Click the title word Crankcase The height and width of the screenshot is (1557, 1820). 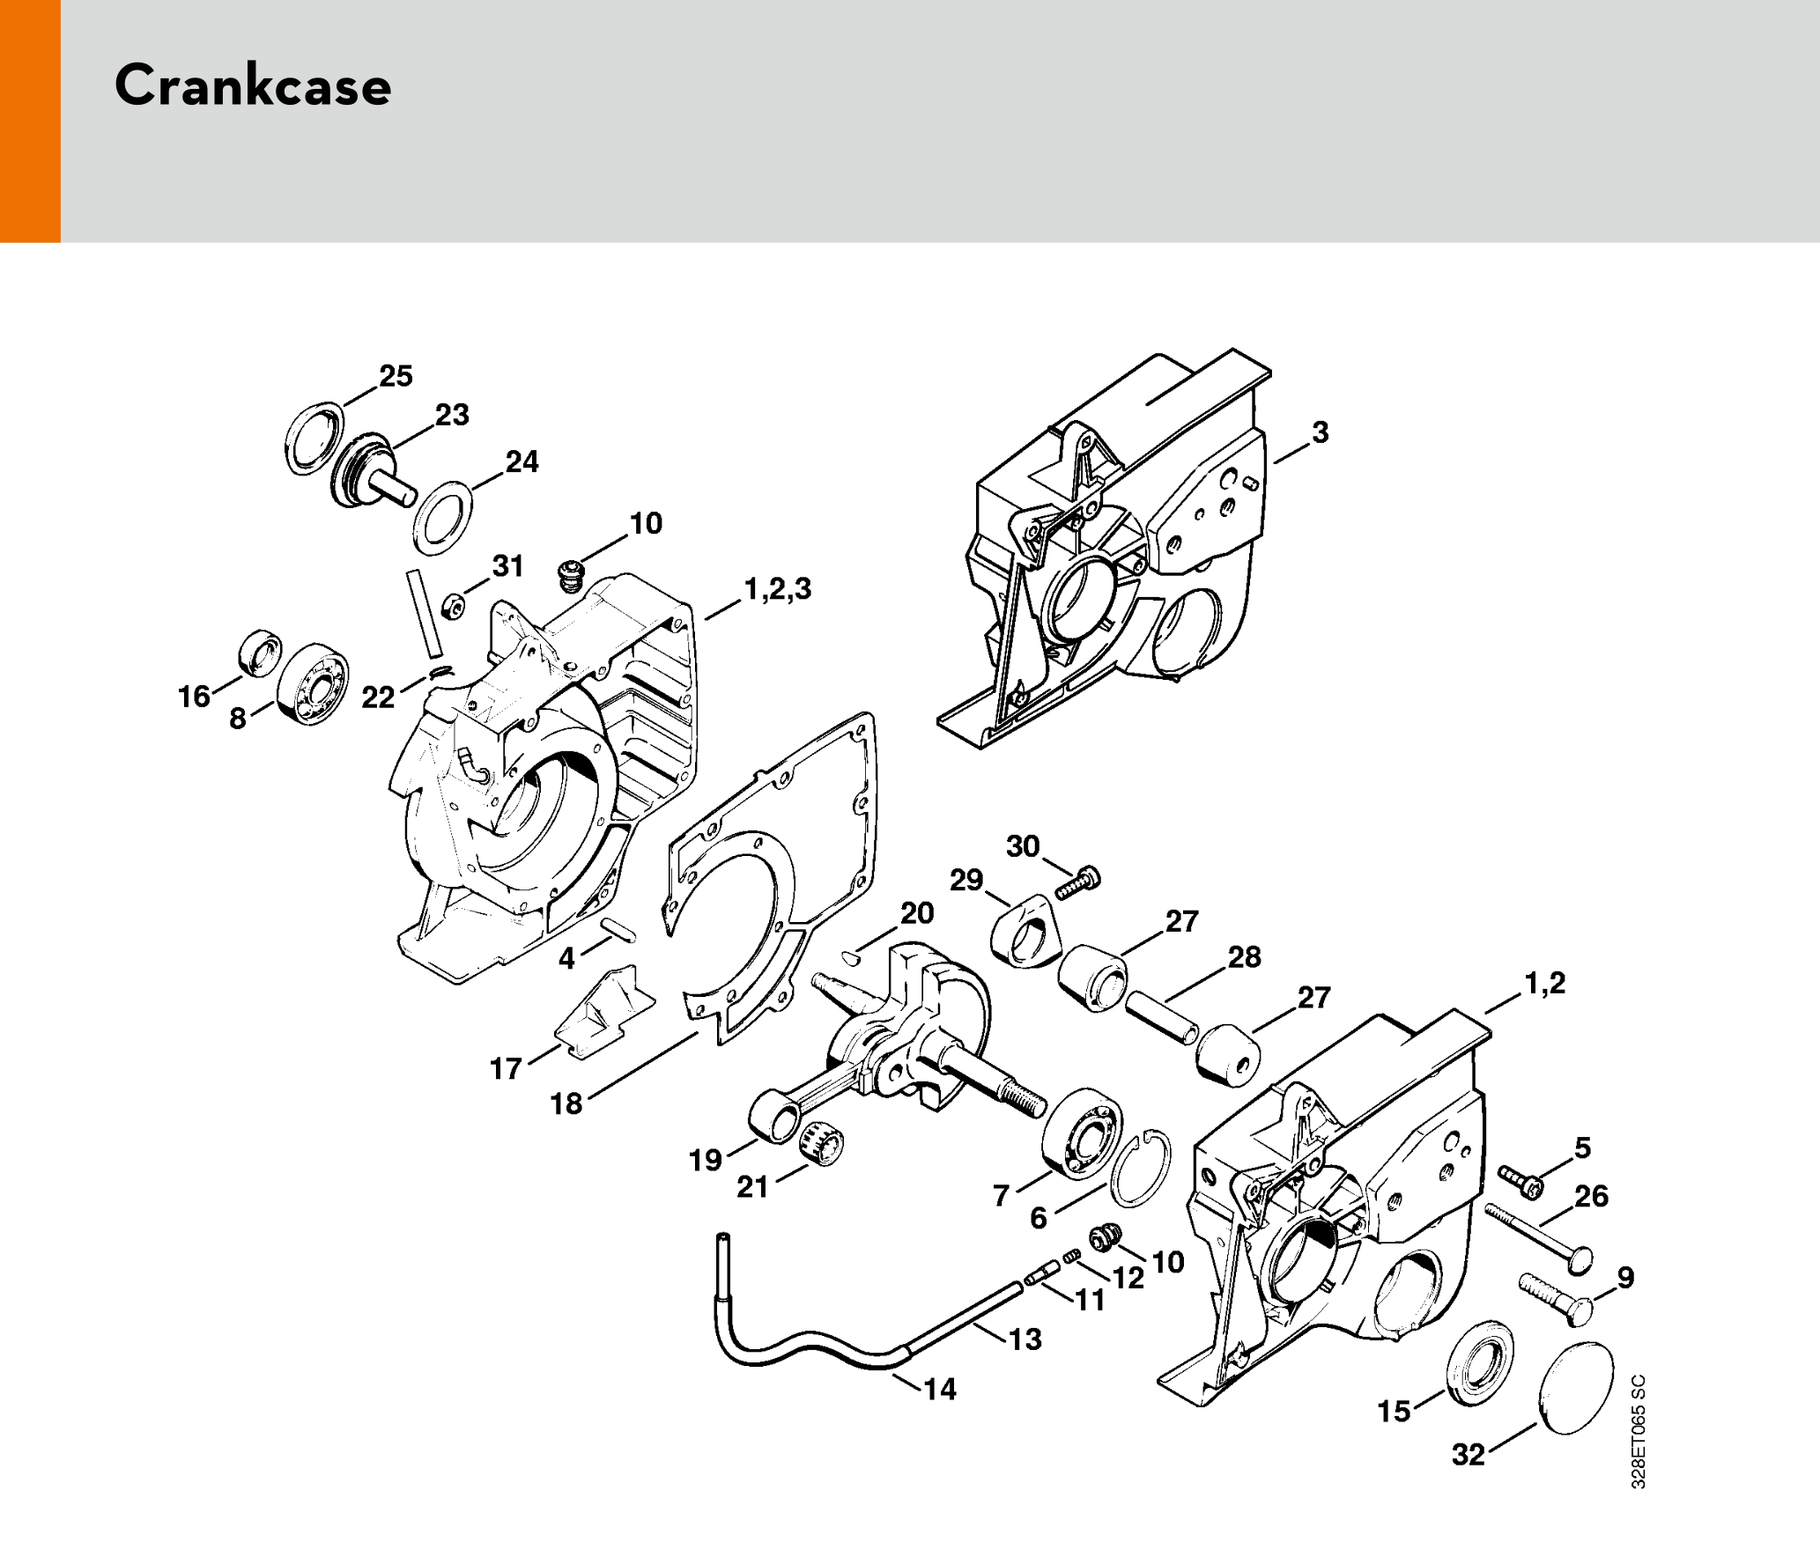coord(253,85)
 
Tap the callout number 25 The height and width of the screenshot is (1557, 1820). coord(396,376)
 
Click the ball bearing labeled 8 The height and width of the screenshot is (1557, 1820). coord(313,684)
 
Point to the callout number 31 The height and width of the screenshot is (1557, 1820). coord(508,565)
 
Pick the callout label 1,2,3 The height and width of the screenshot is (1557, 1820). coord(778,588)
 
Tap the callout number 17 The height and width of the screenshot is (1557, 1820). coord(506,1068)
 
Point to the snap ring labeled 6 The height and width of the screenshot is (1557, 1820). coord(1141,1168)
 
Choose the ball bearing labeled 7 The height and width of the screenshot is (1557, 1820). coord(1081,1133)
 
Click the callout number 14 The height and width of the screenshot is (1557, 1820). coord(940,1389)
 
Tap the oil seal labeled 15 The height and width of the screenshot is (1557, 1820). coord(1480,1364)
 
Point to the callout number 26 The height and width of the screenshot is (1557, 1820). coord(1592,1196)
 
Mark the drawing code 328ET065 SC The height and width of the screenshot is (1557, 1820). coord(1638,1432)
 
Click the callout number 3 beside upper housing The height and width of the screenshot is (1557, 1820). coord(1320,432)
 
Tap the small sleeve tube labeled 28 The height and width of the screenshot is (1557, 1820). coord(1163,1017)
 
